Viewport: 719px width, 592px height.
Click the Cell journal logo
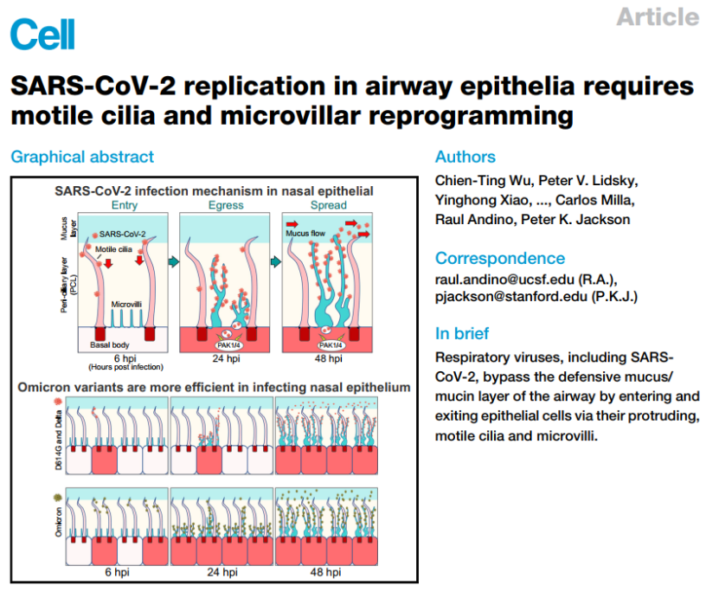point(42,34)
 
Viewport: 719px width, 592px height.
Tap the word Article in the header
point(658,16)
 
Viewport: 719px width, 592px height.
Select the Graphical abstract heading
point(82,157)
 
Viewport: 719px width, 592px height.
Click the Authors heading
point(465,157)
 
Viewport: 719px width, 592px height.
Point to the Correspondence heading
point(500,258)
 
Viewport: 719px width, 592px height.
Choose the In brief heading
point(462,333)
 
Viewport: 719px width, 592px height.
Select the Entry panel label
point(125,205)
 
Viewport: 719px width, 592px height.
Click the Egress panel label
point(226,205)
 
